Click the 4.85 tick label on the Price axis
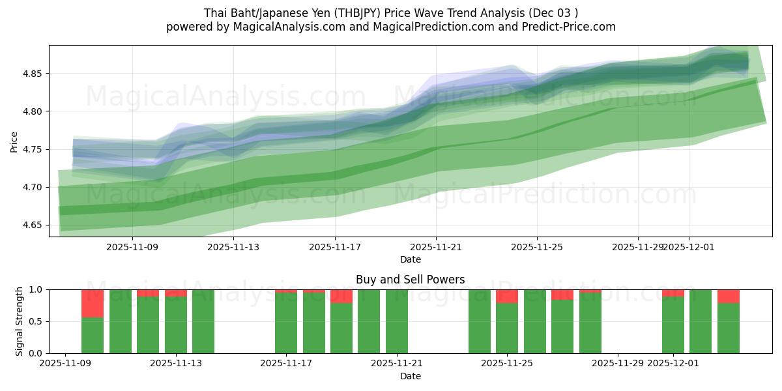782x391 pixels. click(33, 74)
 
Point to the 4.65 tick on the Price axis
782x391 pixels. click(33, 225)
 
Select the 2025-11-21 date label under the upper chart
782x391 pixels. click(436, 248)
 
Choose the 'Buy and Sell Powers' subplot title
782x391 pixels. click(410, 280)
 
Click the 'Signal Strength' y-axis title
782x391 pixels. click(20, 321)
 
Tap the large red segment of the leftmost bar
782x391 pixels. click(93, 304)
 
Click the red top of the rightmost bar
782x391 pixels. click(728, 297)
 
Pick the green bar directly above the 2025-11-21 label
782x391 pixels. click(397, 321)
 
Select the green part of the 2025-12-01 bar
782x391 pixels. click(673, 325)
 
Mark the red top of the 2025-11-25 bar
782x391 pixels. click(507, 297)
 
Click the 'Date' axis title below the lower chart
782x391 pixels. click(410, 377)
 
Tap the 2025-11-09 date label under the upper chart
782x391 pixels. click(132, 248)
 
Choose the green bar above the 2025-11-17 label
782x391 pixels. click(286, 323)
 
